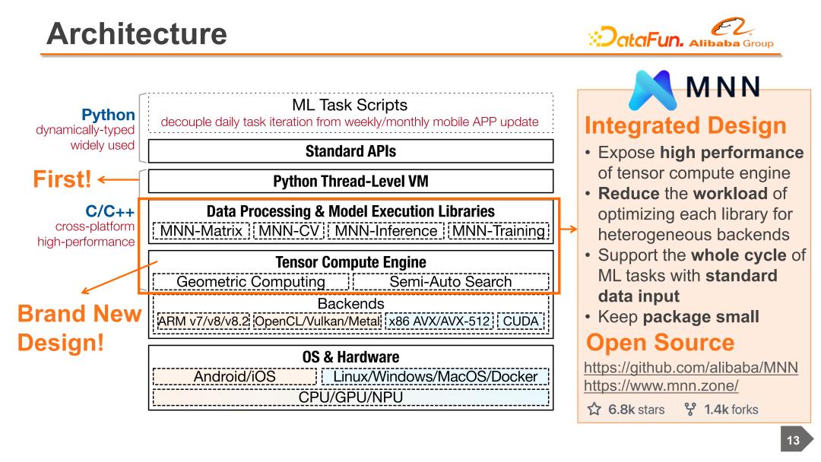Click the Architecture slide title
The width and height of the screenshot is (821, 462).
pyautogui.click(x=137, y=33)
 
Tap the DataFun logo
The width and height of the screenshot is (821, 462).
pyautogui.click(x=636, y=36)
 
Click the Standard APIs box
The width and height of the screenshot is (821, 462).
pyautogui.click(x=350, y=151)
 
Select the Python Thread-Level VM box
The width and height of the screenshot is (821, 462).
pyautogui.click(x=350, y=181)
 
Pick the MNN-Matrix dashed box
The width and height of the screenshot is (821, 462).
pyautogui.click(x=201, y=231)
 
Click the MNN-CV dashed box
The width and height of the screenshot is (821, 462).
pyautogui.click(x=289, y=231)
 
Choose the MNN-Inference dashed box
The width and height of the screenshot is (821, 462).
pyautogui.click(x=386, y=231)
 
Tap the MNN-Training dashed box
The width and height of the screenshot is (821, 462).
pyautogui.click(x=499, y=231)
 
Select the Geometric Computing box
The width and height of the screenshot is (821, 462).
pyautogui.click(x=251, y=281)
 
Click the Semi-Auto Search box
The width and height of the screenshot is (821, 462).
pyautogui.click(x=451, y=281)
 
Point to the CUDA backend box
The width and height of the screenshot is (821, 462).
pyautogui.click(x=521, y=321)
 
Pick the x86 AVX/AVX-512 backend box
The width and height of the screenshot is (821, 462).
pyautogui.click(x=439, y=321)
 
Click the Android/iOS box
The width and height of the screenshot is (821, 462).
pyautogui.click(x=235, y=376)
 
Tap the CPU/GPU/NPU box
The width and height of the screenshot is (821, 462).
pyautogui.click(x=350, y=397)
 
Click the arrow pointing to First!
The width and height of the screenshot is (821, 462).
pyautogui.click(x=119, y=179)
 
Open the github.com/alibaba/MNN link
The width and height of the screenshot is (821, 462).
pyautogui.click(x=690, y=367)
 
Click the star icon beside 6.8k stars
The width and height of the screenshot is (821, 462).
pyautogui.click(x=594, y=409)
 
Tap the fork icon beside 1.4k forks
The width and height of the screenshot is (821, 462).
pyautogui.click(x=690, y=409)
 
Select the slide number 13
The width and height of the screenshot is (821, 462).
pyautogui.click(x=794, y=441)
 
